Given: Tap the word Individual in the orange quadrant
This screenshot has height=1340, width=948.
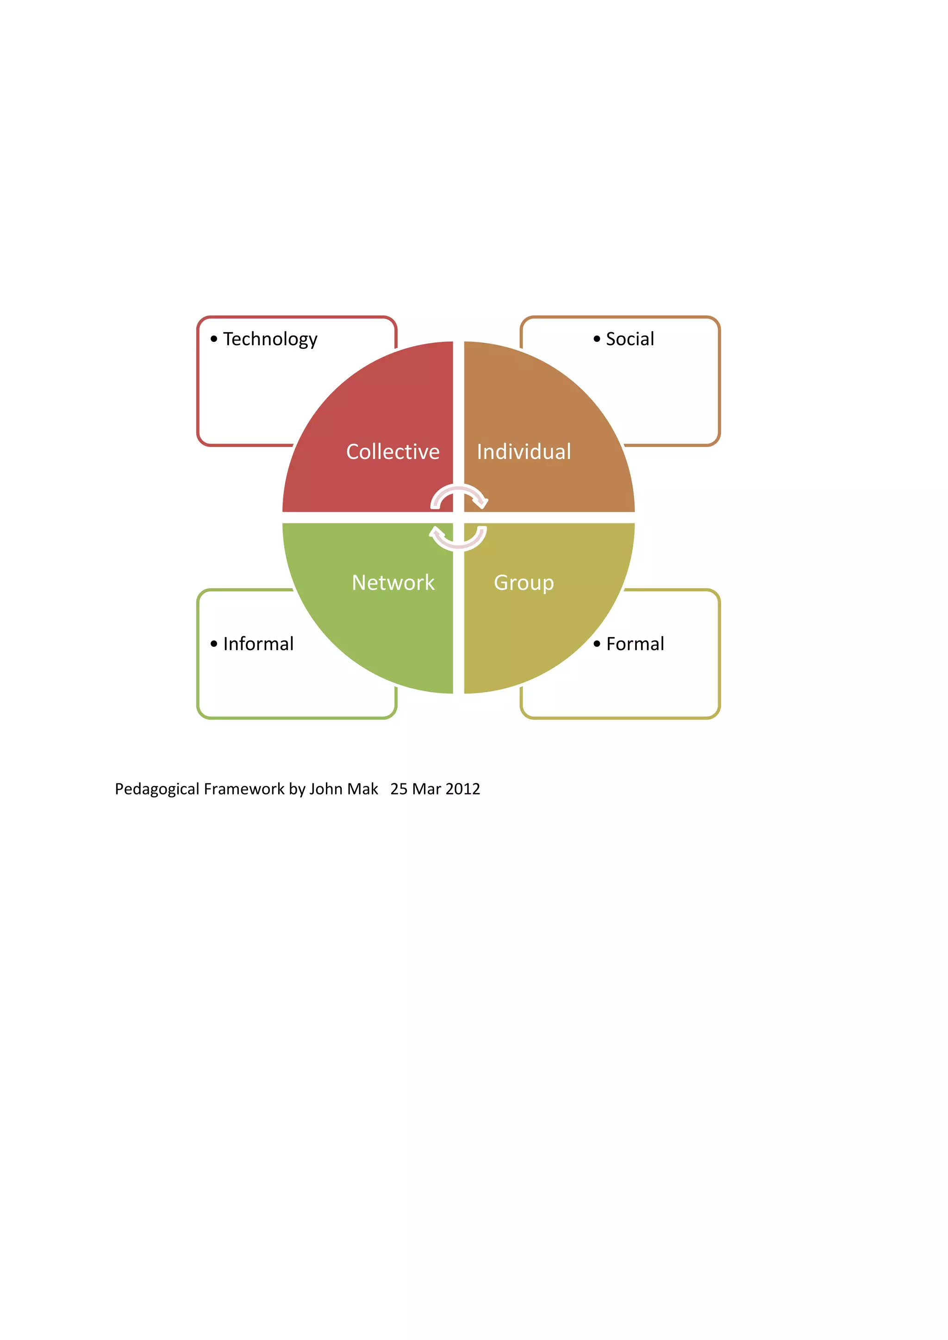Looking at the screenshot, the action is tap(524, 452).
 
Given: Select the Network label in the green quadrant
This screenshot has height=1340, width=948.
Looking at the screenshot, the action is tap(393, 583).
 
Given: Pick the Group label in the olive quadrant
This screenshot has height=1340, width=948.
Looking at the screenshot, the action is tap(524, 583).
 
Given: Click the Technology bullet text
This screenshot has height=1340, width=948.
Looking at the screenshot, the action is tap(270, 339).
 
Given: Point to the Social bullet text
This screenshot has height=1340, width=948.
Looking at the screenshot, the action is tap(630, 339).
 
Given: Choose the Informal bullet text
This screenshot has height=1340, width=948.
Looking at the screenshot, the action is tap(258, 644).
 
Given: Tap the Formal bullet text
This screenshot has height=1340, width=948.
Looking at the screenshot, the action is tap(635, 644).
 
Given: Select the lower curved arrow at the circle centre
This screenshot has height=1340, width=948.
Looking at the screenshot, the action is tap(458, 539).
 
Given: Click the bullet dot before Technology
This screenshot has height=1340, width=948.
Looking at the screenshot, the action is tap(214, 339).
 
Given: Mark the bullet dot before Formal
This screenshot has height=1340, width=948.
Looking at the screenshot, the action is tap(597, 644).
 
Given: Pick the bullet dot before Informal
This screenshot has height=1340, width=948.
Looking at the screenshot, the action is tap(214, 644).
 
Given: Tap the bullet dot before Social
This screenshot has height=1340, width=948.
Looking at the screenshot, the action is tap(597, 339).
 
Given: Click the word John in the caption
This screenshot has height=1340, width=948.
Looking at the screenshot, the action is tap(326, 789).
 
